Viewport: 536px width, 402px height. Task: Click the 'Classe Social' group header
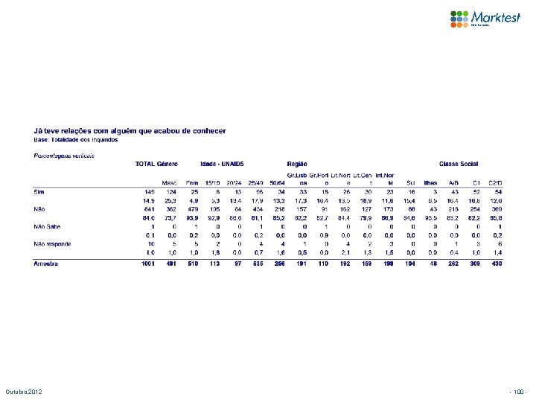tap(459, 163)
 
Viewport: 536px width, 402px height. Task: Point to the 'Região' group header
tap(297, 163)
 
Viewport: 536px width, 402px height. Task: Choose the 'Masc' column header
tap(170, 182)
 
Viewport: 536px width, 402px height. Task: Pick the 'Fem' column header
tap(192, 182)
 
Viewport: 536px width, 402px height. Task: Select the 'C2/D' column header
tap(496, 182)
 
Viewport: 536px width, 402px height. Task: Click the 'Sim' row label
tap(39, 191)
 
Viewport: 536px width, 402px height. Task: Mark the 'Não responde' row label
tap(51, 243)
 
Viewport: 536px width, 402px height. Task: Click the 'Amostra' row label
tap(46, 264)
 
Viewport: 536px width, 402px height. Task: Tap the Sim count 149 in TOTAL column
tap(149, 191)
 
